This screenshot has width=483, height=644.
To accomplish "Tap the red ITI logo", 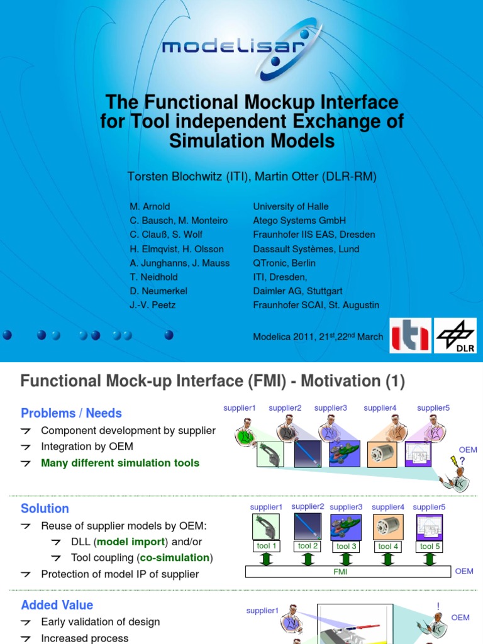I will coord(410,335).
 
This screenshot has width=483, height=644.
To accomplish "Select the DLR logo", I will coord(457,335).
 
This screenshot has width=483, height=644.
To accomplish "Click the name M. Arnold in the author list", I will coord(150,206).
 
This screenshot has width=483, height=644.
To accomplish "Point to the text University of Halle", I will coord(291,206).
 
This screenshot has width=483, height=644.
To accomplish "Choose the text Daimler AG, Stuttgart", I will coord(297,291).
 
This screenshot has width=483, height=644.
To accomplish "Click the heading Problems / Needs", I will coord(71,413).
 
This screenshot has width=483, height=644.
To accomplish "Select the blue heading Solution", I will coord(45,508).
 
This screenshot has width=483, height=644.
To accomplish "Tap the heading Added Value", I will coord(57,605).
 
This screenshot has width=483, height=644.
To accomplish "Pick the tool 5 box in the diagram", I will coord(430,547).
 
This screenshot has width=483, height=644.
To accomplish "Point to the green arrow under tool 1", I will coord(267,558).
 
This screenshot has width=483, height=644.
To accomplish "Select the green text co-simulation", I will coord(174,558).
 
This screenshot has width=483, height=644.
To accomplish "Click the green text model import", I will coord(130,542).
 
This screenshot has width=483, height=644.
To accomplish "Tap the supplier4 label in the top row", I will coord(380,408).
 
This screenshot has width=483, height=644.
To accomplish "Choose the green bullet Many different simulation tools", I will coord(120,463).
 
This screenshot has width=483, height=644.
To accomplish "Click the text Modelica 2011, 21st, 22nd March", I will coord(318,336).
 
